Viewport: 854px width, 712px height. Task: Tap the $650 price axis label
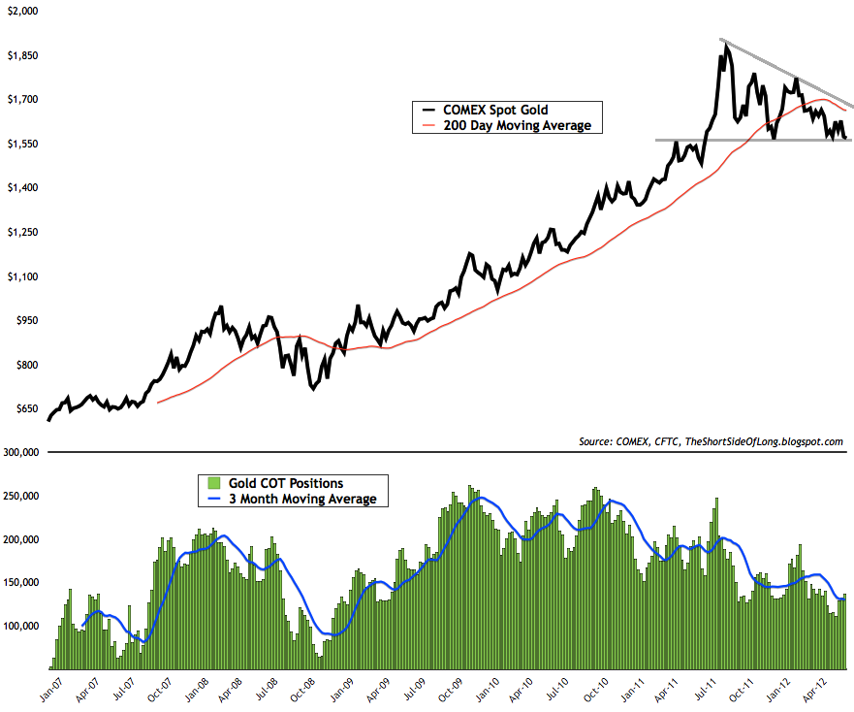(x=22, y=409)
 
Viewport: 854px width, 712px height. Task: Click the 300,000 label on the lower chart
(x=19, y=452)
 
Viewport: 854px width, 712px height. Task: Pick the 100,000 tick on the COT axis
(x=19, y=626)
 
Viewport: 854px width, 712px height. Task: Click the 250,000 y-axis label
(x=19, y=496)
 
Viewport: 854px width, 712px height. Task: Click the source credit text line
(x=710, y=441)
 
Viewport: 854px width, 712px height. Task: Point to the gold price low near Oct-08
(x=312, y=389)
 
